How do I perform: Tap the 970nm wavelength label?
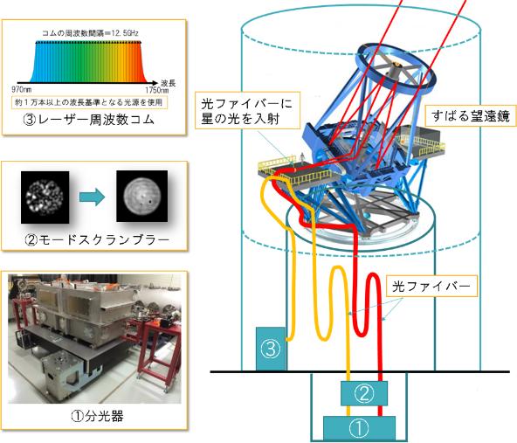[x=24, y=89]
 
